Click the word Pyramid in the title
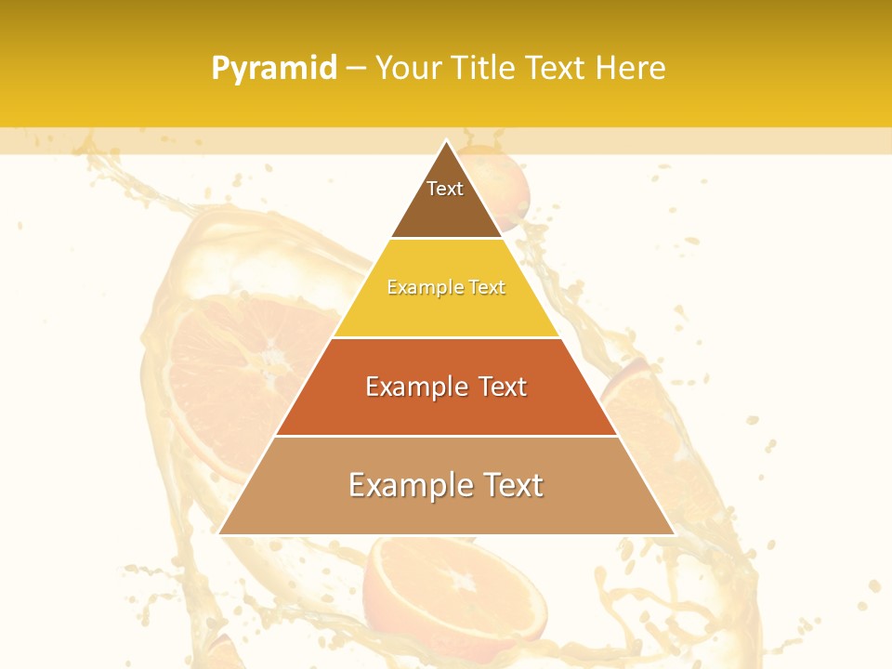click(x=274, y=69)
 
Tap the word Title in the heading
click(x=485, y=68)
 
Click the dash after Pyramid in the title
click(x=356, y=69)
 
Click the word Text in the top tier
click(x=445, y=189)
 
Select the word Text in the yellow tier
click(x=487, y=288)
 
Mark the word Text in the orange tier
click(x=503, y=387)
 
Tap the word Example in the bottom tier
click(x=406, y=485)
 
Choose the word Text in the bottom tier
click(x=513, y=485)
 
